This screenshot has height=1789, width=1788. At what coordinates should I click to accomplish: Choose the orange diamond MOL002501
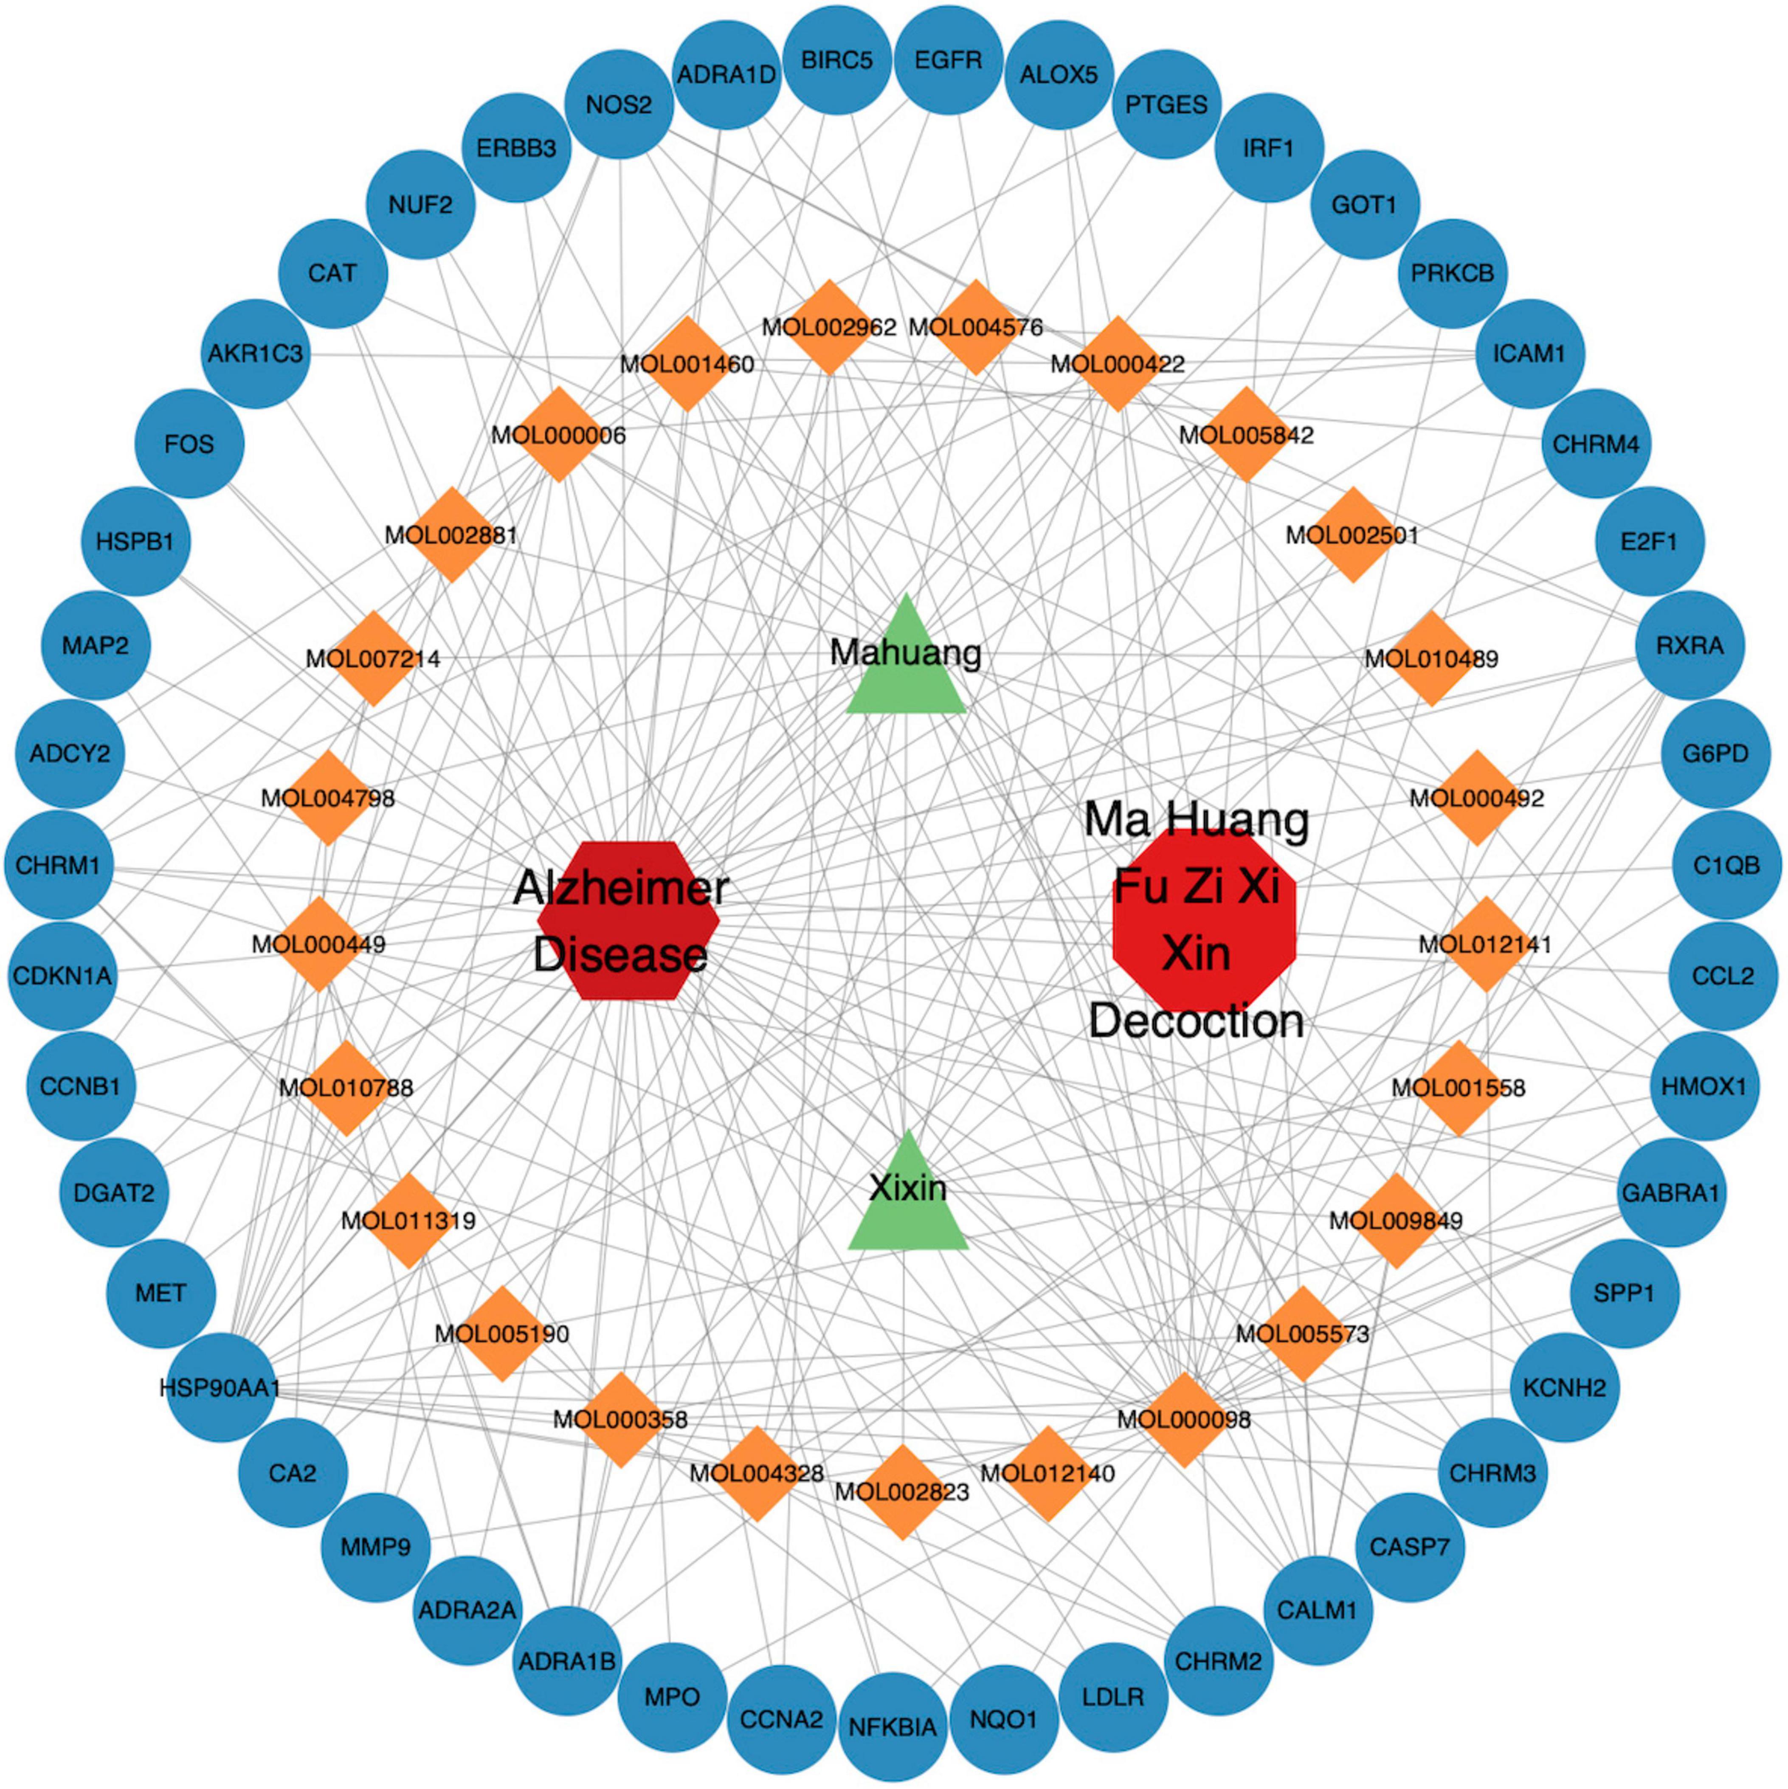[1353, 534]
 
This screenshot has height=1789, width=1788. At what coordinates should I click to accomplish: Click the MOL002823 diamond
[902, 1492]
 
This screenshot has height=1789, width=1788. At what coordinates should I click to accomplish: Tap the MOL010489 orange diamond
[1431, 658]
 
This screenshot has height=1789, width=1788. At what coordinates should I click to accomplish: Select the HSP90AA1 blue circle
[220, 1387]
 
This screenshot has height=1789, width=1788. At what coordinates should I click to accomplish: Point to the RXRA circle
[1689, 645]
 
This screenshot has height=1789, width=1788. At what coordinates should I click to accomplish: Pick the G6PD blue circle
[1715, 753]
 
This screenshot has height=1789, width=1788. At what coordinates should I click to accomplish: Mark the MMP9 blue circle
[375, 1547]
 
